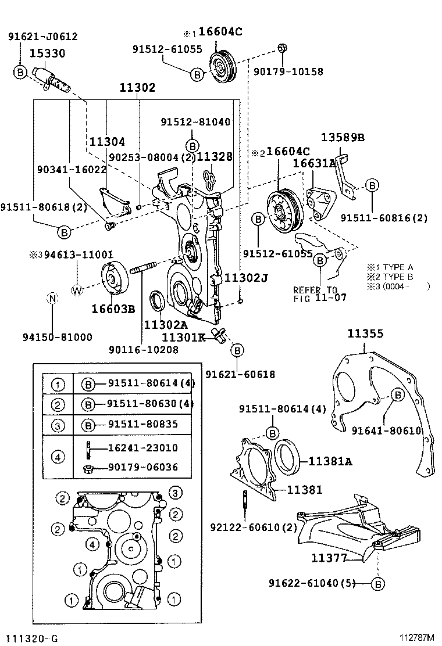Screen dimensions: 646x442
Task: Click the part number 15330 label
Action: (48, 53)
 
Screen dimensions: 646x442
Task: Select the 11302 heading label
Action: (137, 88)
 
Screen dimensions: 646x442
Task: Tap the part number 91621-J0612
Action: (42, 36)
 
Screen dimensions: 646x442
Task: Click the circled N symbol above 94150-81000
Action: (52, 299)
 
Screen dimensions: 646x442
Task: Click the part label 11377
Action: (329, 558)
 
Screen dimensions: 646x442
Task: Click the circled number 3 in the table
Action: (58, 425)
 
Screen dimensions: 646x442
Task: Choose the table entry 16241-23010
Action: (142, 448)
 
